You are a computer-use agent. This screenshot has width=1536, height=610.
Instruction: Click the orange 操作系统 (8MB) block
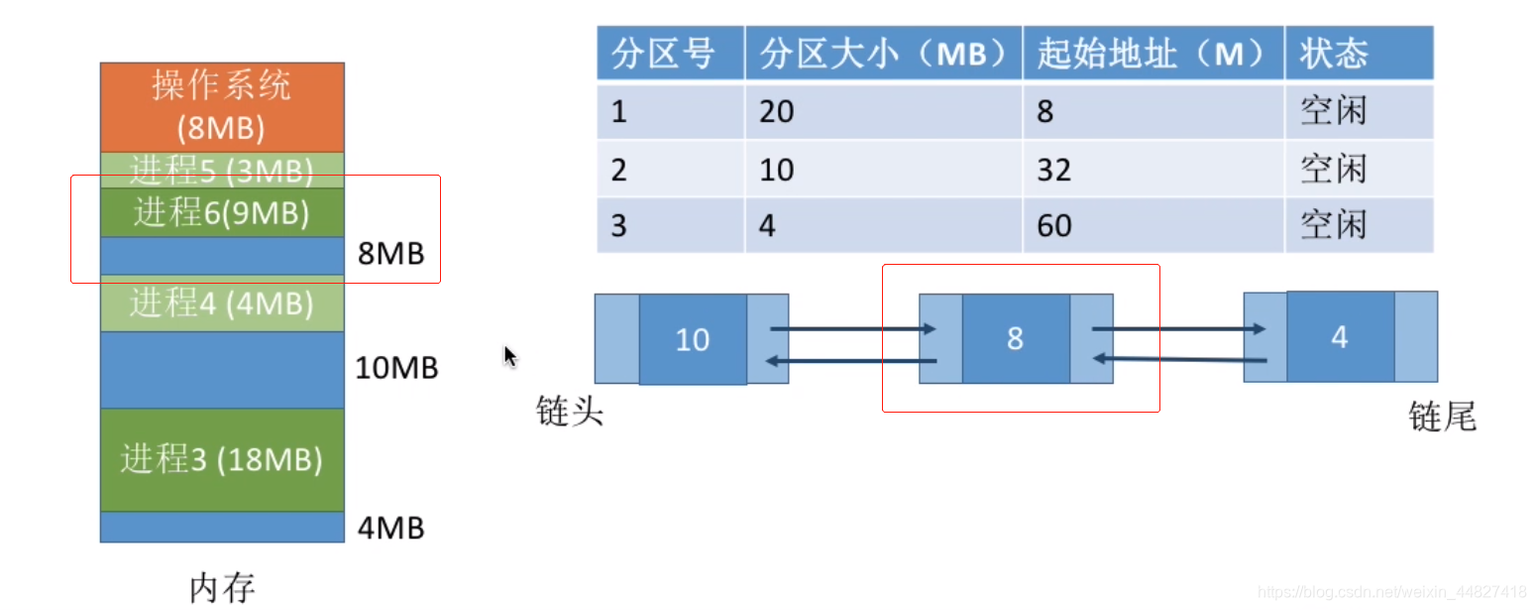(x=222, y=106)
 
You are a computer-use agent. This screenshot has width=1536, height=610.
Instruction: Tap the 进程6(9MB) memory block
(x=222, y=212)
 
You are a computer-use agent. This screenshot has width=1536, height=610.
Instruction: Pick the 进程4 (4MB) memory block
(x=222, y=303)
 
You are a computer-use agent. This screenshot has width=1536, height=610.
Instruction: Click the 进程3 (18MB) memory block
(x=222, y=459)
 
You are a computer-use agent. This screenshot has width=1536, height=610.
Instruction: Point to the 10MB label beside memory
(x=396, y=369)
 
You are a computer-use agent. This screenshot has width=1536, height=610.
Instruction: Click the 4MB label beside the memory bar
(x=389, y=528)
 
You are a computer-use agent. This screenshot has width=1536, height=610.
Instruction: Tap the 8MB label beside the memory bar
(x=389, y=254)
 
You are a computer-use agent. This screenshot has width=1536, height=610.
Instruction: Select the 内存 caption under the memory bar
(x=222, y=587)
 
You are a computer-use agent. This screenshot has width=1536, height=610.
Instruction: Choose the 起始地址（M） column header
(x=1152, y=54)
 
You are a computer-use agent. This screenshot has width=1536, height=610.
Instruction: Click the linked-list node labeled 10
(x=692, y=339)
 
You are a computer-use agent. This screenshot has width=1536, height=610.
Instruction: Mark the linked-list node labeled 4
(x=1340, y=337)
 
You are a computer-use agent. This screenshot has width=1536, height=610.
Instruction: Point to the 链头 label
(x=570, y=411)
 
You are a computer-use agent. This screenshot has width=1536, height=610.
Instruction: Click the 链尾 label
(x=1442, y=417)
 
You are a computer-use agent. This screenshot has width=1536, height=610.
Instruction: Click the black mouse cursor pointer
(x=510, y=356)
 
